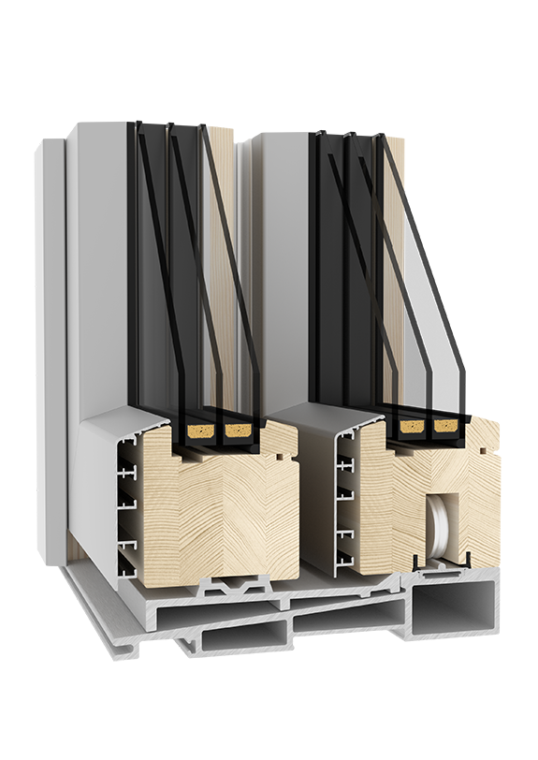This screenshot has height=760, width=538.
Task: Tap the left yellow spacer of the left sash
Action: (x=198, y=431)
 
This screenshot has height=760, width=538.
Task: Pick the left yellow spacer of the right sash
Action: (x=410, y=427)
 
